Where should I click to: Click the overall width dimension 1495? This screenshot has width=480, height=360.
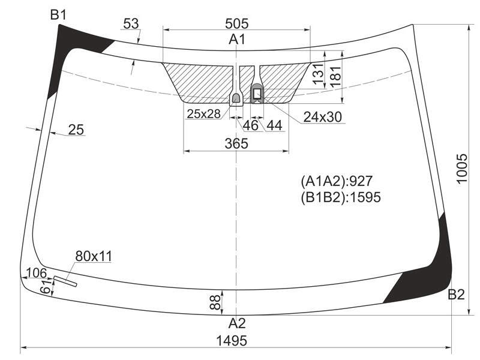[232, 340]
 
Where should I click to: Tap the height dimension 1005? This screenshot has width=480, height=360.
[461, 169]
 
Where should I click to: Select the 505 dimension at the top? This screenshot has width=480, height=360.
[236, 23]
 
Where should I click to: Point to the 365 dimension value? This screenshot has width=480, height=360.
[236, 143]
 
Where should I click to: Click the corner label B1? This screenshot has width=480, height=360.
[58, 14]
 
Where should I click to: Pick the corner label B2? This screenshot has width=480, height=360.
[456, 294]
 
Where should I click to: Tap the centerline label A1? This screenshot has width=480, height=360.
[237, 40]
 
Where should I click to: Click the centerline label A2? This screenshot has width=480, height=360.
[237, 323]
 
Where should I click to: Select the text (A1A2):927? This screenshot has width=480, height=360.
[337, 181]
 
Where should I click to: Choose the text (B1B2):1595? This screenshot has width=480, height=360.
[341, 197]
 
